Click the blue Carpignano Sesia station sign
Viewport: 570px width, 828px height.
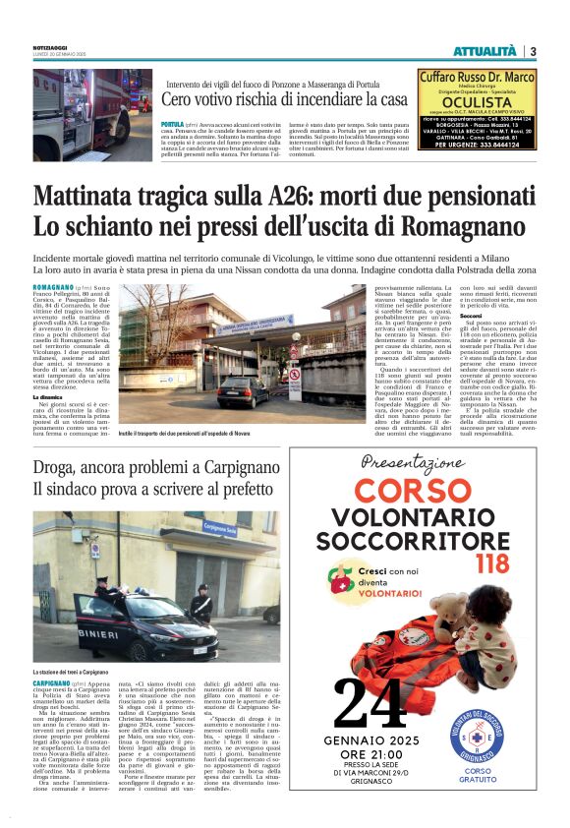220,527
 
